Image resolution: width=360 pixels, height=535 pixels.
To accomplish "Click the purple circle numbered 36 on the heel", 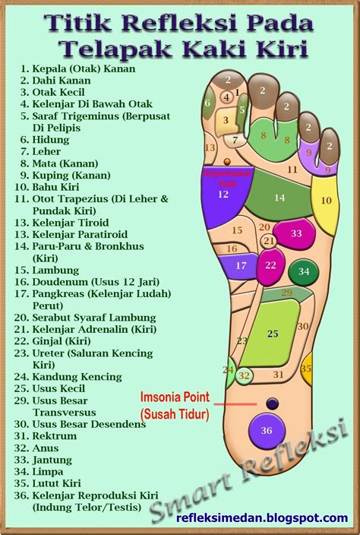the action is point(266,430).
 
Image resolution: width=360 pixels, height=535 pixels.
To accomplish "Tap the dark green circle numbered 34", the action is point(304,271).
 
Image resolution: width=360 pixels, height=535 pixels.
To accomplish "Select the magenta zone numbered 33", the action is point(295,234).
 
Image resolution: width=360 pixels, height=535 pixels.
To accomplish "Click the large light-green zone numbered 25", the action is point(272,333).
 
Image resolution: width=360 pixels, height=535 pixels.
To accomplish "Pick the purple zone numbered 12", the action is point(223,195).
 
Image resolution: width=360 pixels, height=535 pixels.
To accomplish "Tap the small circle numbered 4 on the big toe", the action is point(226,97).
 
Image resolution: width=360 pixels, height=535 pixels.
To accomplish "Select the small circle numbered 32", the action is point(244,375).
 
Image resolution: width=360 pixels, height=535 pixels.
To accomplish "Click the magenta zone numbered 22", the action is point(270,265).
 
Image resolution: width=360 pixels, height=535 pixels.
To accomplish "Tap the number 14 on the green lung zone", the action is point(279,198).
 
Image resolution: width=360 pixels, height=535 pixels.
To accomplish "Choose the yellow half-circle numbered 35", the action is point(306,369).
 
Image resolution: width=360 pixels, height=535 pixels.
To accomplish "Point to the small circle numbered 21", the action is point(269,241).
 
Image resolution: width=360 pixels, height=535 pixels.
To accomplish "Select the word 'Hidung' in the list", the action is point(51,140).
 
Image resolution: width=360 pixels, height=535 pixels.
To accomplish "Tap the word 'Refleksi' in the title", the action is point(172,24).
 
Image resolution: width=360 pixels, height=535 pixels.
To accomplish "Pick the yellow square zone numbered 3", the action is point(226,120).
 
